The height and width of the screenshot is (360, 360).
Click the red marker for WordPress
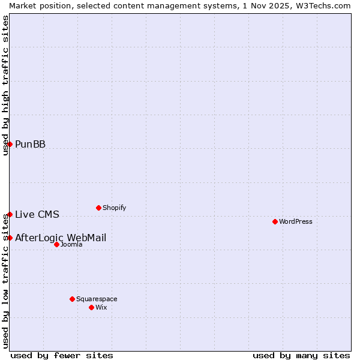pos(275,221)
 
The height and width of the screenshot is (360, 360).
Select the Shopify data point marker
pos(98,208)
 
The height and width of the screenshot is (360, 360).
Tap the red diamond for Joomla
pos(56,244)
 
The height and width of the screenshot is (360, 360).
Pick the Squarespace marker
pos(72,299)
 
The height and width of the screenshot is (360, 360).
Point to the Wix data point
pos(91,307)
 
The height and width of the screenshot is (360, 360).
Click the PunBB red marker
pos(10,144)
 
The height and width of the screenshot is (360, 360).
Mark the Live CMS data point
pos(10,214)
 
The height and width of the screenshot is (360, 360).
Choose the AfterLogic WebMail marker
pos(10,238)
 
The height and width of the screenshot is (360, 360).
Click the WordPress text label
pos(296,221)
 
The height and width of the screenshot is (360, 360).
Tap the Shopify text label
pos(114,208)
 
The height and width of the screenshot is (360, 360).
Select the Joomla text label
pos(71,244)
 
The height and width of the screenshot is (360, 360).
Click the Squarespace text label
pos(97,299)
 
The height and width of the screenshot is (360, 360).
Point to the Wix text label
pos(101,307)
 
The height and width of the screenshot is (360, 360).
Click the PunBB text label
pos(30,144)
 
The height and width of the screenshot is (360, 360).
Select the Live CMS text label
pos(37,214)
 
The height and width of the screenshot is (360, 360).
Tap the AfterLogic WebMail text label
pos(61,238)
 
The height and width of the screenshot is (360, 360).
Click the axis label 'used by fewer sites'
pos(62,355)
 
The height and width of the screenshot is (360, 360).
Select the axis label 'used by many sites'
pos(301,355)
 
